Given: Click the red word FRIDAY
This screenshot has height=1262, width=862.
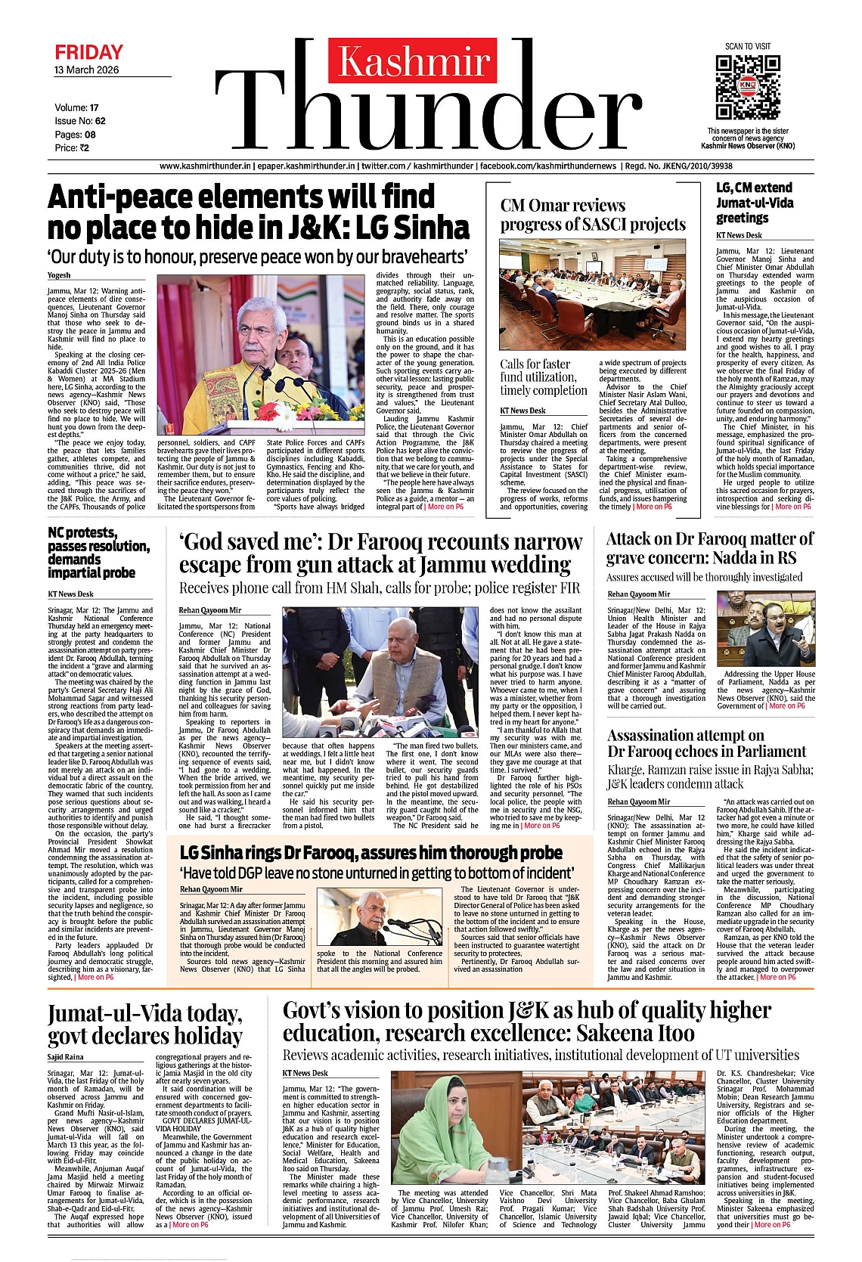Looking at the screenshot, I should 88,52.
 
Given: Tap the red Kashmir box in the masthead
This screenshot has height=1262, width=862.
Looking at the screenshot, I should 413,60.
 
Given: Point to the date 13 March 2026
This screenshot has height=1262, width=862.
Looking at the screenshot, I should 86,70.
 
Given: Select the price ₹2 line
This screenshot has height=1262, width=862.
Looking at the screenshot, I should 72,148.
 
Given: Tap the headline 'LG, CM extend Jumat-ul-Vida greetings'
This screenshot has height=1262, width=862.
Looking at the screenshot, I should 754,203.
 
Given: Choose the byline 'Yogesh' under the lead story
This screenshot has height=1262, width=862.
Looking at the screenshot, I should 59,275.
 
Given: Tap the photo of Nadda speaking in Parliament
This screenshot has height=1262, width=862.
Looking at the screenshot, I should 764,629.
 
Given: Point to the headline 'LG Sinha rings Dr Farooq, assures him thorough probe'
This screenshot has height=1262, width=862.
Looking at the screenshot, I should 371,853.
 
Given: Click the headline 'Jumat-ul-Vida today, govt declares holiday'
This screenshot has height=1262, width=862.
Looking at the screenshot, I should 145,1025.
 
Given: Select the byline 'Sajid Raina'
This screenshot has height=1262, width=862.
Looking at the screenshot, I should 66,1057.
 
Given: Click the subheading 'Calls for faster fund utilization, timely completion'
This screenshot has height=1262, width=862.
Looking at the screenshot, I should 543,377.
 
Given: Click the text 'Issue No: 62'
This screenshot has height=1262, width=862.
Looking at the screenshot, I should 80,121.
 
